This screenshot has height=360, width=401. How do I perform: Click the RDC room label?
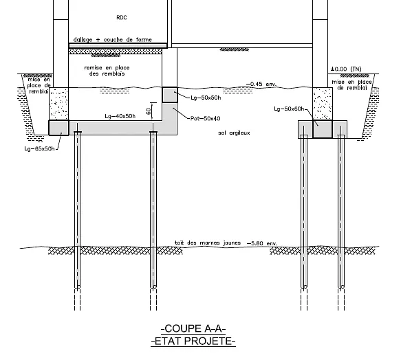point(122,17)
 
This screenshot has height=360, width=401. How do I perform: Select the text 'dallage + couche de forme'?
point(113,40)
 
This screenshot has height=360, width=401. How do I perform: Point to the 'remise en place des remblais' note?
point(107,71)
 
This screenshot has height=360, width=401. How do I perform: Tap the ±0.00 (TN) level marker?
point(346,69)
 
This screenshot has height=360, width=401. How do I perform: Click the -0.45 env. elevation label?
point(261,84)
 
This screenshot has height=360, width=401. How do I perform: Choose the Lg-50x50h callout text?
point(206,98)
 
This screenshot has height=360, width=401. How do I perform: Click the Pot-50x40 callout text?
point(206,118)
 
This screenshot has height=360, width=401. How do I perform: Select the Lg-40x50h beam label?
point(120,116)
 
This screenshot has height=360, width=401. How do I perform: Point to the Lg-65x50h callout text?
point(40,148)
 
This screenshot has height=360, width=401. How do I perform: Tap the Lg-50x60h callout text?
point(289,109)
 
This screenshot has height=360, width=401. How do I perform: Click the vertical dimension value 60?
point(149,111)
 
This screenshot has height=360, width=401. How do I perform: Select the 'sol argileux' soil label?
point(234,133)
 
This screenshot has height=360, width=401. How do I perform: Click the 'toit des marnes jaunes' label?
point(208,243)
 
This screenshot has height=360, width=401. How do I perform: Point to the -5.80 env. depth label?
point(262,243)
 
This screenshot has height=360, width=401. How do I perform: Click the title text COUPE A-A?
point(193,328)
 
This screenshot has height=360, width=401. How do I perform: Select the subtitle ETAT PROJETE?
point(193,341)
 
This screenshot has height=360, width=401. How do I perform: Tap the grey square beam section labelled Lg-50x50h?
point(170,95)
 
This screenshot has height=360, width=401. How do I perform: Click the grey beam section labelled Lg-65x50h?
point(59,128)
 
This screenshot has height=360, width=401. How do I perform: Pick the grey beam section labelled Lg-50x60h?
point(323,129)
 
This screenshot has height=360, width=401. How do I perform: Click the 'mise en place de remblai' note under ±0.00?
point(352,85)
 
